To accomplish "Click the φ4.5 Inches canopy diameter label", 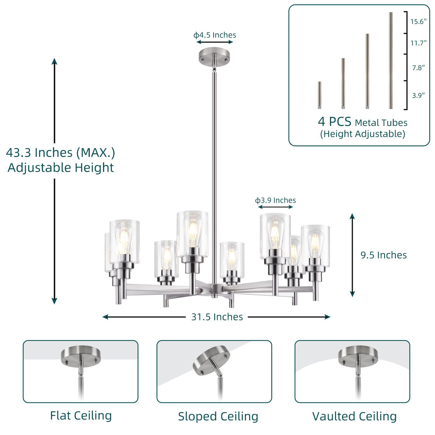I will point(215,35).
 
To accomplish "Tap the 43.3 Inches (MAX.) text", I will point(61,153).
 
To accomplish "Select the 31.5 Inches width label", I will point(217,317).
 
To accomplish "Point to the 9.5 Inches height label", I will point(384,255).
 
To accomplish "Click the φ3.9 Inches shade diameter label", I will point(275,200).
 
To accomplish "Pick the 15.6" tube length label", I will point(418,22).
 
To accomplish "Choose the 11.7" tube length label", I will point(418,43).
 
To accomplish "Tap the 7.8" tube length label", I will point(418,68).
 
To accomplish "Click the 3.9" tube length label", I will point(418,96).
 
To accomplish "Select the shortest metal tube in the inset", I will point(319,95).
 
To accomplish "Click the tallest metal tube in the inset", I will point(391,61).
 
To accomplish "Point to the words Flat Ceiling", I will point(81,415).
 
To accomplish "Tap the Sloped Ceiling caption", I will point(218,417).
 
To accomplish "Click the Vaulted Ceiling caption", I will point(354,417).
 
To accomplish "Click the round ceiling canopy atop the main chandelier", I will point(214,55).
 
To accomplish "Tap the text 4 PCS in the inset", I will point(334,121).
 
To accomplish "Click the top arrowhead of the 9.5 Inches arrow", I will point(352,216).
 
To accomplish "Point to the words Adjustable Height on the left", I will point(61,168).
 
